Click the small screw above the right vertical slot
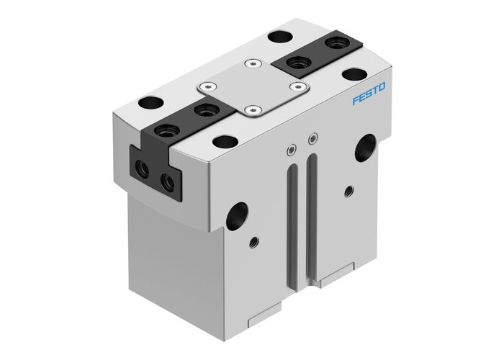coord(311,138)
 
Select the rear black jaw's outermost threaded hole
coord(334,45)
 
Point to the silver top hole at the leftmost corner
coord(153,102)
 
